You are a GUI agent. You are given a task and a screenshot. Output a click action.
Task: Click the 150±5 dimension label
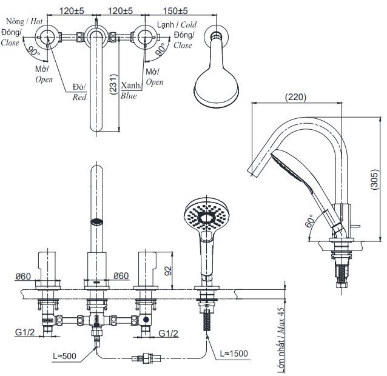175,11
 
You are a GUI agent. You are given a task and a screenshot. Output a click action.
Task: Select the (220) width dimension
297,96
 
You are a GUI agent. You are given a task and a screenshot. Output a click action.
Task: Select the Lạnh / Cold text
177,24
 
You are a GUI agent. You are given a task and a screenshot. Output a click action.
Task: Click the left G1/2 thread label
24,332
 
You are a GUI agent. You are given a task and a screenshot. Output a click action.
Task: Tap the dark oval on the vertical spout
95,221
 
